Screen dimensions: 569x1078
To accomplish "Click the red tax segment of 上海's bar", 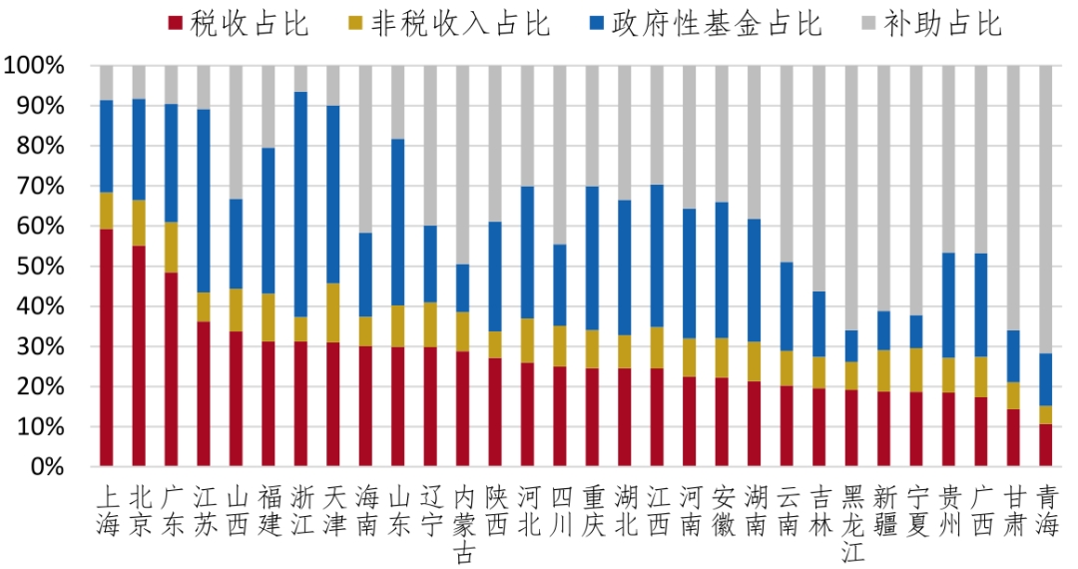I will click(x=106, y=347).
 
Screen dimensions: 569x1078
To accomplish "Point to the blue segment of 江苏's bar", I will click(x=204, y=201).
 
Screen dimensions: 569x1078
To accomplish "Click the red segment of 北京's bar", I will click(x=139, y=356).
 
